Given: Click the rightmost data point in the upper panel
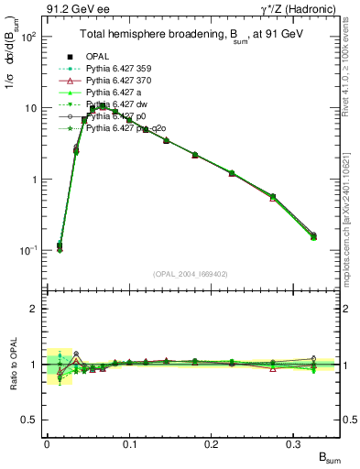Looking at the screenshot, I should click(314, 236).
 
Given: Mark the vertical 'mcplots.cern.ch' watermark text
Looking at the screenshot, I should click(351, 211).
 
